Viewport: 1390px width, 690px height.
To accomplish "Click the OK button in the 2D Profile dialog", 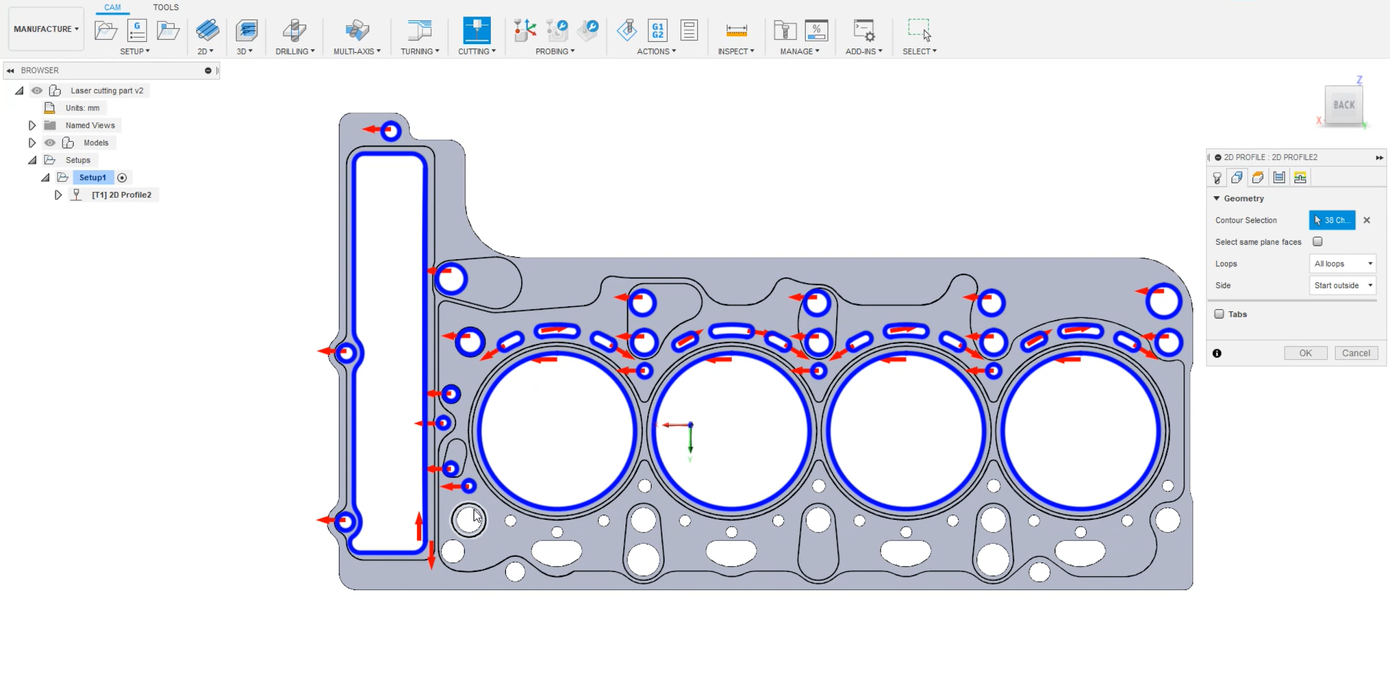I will coord(1305,353).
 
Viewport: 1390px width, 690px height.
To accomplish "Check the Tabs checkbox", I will coord(1219,314).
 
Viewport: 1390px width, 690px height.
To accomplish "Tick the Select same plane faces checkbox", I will coord(1318,242).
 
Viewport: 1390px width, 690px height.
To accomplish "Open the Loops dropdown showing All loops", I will coord(1342,264).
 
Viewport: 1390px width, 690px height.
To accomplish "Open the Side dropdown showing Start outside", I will coord(1342,285).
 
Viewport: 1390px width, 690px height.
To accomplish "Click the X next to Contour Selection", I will coord(1367,220).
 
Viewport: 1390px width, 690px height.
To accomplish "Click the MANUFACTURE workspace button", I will coord(46,29).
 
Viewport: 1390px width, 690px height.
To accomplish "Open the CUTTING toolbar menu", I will coord(476,51).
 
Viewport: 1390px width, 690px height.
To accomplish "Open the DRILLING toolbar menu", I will coord(295,51).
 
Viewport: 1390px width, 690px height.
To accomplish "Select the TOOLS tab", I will coord(166,7).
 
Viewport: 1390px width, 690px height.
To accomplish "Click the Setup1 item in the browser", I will coord(93,177).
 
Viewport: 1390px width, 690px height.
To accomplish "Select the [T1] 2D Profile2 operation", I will coord(121,195).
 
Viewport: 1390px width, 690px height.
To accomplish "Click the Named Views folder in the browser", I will coord(90,125).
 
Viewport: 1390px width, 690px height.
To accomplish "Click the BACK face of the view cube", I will coord(1344,105).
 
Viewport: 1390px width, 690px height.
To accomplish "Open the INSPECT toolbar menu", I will coord(736,51).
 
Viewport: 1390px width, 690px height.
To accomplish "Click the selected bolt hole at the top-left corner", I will coord(391,132).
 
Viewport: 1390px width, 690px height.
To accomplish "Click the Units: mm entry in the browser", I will coord(82,108).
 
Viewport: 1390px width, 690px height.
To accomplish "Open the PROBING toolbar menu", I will coord(555,51).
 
